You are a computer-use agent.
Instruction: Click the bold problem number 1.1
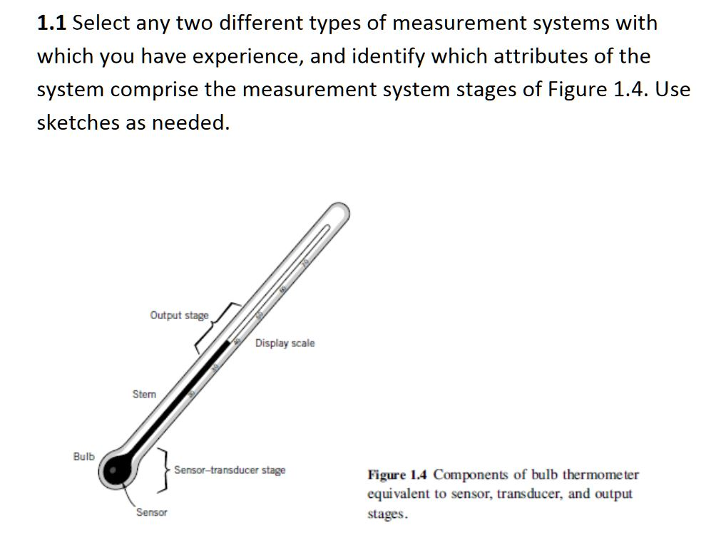click(x=51, y=24)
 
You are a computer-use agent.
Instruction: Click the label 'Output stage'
click(x=179, y=315)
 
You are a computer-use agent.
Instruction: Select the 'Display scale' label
click(x=285, y=343)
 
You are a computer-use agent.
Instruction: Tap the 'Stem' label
click(x=143, y=394)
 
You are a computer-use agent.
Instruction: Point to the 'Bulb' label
click(x=83, y=456)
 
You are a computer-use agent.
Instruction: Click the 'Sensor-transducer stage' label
click(x=230, y=470)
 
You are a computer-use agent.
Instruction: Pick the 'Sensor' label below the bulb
click(x=151, y=512)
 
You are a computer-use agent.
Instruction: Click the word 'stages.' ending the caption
click(x=388, y=514)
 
